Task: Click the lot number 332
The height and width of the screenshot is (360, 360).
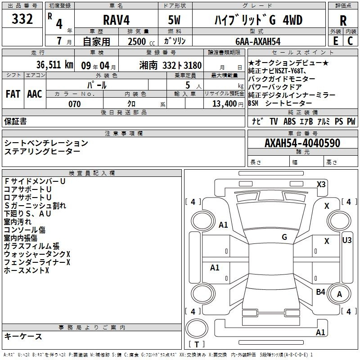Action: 22,19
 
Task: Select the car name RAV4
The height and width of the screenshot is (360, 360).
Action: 116,20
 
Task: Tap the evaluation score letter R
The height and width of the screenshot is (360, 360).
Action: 343,20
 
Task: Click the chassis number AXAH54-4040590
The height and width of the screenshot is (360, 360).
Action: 302,143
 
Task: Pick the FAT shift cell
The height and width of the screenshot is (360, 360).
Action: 13,94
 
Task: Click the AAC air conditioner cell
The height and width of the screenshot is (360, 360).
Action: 34,94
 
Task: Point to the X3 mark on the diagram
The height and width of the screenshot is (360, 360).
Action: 321,184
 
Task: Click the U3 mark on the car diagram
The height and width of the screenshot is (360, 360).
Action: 347,240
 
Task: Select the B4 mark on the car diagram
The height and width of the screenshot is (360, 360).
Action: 320,292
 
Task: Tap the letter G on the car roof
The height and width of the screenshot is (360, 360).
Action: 284,237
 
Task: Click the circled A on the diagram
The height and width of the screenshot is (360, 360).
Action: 340,294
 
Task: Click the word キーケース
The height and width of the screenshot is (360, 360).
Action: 23,337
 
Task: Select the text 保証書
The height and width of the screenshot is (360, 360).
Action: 15,121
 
